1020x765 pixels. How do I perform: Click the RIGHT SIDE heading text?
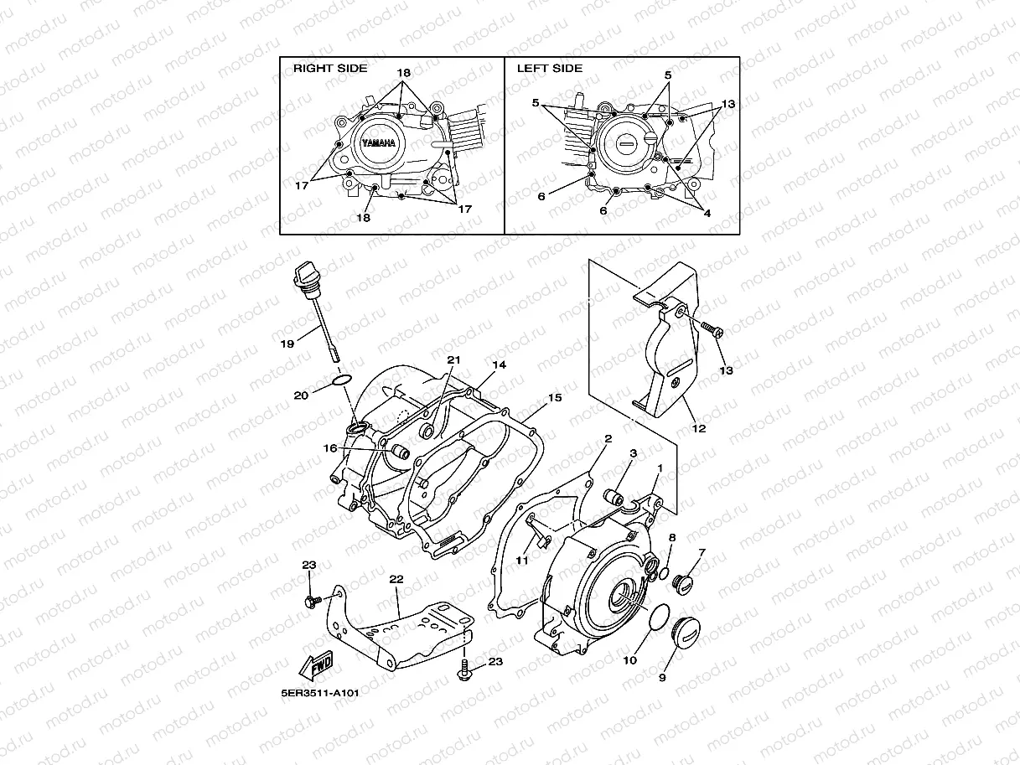click(329, 68)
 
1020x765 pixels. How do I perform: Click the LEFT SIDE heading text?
click(549, 68)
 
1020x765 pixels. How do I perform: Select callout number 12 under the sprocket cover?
click(698, 428)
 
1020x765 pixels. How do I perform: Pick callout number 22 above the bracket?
click(396, 579)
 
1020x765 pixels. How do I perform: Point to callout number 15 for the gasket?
click(554, 397)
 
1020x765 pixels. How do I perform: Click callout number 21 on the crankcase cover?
click(453, 359)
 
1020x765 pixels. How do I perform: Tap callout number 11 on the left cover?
click(522, 561)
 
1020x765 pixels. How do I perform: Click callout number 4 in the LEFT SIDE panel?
click(707, 213)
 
